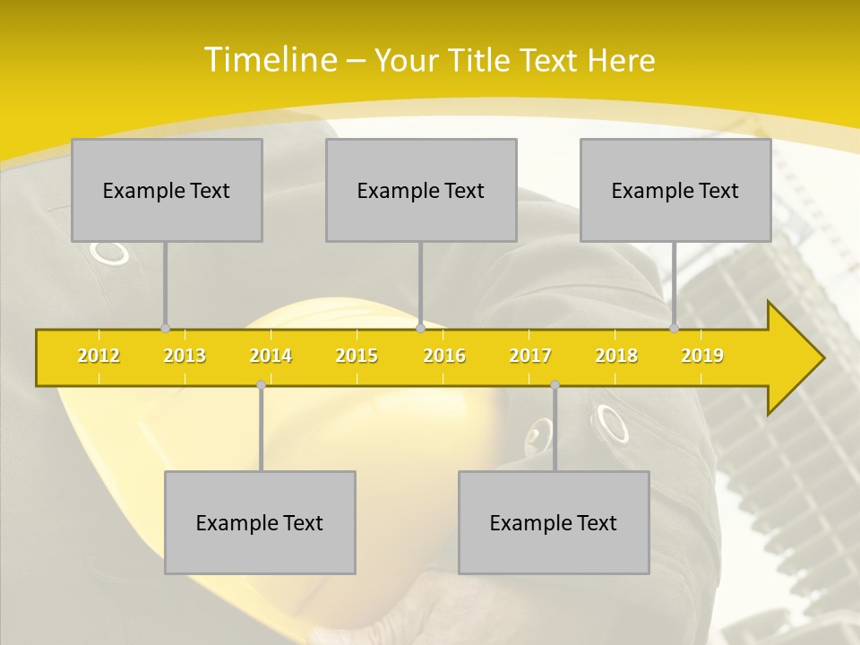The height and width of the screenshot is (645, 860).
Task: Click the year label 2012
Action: click(99, 356)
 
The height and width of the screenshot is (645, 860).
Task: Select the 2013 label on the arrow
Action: click(185, 356)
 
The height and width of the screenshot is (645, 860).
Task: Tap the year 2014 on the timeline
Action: click(271, 356)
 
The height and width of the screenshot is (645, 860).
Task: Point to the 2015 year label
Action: click(357, 356)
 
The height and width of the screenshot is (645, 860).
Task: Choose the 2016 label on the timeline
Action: click(444, 356)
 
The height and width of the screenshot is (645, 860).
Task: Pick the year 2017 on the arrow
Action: click(530, 356)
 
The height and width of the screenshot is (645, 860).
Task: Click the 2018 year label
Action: click(616, 356)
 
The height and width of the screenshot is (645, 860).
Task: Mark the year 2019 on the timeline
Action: click(702, 356)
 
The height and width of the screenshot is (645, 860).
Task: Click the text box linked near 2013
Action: click(167, 190)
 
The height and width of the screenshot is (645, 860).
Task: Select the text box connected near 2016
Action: click(421, 190)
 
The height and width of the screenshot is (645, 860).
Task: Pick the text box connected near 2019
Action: click(675, 190)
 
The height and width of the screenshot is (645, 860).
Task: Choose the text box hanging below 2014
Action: click(260, 522)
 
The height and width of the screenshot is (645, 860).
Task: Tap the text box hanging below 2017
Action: click(554, 522)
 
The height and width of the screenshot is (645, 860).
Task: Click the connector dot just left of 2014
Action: click(261, 384)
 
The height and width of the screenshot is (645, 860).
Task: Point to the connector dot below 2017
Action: click(555, 384)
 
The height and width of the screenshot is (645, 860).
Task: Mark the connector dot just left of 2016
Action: click(420, 329)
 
